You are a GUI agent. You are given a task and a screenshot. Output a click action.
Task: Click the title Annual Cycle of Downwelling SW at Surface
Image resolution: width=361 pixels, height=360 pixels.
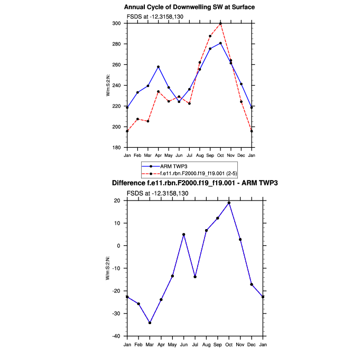189,7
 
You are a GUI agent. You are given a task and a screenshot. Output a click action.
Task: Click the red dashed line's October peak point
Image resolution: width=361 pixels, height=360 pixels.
220,24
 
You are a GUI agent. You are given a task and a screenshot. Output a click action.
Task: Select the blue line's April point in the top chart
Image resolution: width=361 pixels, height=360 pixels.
158,67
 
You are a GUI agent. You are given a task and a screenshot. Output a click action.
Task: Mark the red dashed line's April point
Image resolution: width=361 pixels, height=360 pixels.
158,92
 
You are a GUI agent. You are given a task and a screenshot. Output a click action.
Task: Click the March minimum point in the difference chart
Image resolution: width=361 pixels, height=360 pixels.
150,323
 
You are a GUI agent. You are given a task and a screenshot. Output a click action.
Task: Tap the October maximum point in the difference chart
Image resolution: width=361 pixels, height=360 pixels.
229,203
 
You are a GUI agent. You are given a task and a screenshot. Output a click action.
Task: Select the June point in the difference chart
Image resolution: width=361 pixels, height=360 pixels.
183,234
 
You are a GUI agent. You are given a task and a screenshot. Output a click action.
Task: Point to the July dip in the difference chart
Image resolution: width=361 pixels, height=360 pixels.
195,277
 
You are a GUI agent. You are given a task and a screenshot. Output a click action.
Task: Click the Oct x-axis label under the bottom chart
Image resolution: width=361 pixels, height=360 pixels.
229,344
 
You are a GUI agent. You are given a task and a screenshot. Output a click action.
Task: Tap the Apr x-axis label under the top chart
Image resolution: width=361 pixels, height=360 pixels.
158,155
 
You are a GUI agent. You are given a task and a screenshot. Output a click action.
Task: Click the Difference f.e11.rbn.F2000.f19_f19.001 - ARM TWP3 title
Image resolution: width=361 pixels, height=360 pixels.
195,183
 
